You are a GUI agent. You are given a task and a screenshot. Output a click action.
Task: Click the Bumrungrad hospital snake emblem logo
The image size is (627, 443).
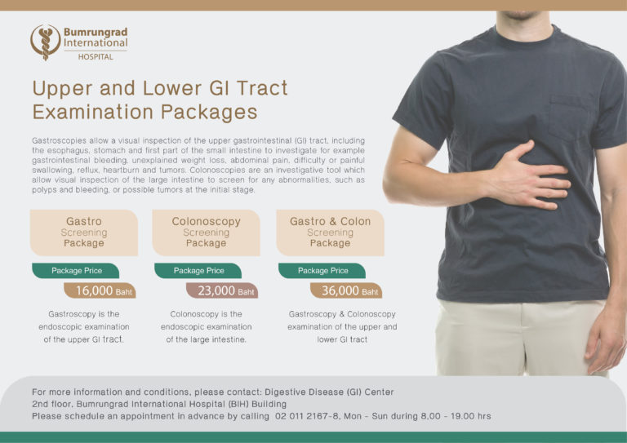(x=46, y=42)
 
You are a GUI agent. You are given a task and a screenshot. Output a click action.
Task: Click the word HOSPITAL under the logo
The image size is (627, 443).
(x=96, y=57)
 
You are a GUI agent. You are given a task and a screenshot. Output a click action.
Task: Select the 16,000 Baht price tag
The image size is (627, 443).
(x=100, y=290)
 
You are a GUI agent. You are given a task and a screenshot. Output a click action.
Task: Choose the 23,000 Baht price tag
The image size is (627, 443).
(x=222, y=290)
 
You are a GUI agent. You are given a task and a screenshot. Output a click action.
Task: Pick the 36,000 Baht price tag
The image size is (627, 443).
(x=346, y=290)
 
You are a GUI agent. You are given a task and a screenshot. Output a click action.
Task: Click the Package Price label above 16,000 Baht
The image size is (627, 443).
(x=76, y=270)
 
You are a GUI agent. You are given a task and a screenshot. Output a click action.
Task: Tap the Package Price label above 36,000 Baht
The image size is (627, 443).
(x=322, y=270)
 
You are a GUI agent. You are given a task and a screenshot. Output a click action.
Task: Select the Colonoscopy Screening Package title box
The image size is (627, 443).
(x=207, y=233)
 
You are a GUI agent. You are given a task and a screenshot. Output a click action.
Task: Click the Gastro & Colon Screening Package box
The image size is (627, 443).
(x=331, y=233)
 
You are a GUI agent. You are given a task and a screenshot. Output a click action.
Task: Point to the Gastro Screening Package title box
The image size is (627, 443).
(x=84, y=233)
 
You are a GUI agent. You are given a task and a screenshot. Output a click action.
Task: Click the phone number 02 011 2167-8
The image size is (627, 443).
(x=308, y=416)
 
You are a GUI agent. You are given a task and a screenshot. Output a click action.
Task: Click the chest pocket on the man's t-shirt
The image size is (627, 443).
(x=570, y=118)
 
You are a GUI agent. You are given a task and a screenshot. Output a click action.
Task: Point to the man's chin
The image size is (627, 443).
(x=521, y=16)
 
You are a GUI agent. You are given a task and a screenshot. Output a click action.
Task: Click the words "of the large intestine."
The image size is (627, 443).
(x=207, y=339)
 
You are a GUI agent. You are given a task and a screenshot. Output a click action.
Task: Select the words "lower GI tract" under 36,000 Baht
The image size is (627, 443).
(x=342, y=339)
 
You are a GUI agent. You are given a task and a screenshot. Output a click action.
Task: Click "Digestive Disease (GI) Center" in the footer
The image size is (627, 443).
(x=329, y=392)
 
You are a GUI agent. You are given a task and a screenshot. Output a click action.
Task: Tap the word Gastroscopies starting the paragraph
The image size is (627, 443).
(x=59, y=140)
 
